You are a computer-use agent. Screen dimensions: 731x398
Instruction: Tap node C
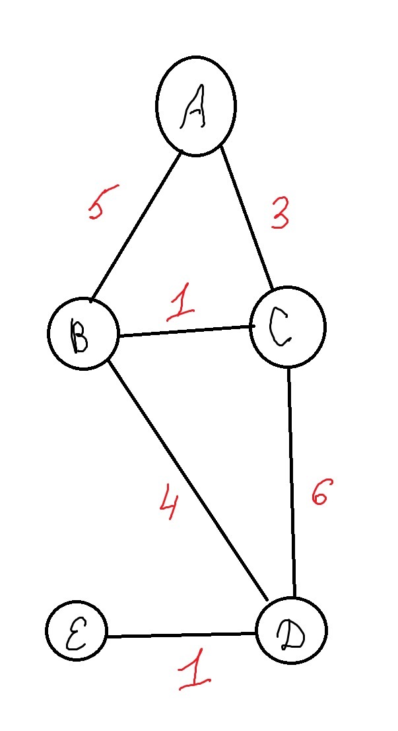coord(288,327)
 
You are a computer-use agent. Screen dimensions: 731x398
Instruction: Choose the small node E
coord(77,631)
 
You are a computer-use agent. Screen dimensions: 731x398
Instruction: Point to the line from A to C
coord(247,218)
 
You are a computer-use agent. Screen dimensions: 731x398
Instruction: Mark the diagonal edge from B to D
coord(187,480)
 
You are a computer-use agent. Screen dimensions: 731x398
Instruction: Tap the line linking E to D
coord(180,636)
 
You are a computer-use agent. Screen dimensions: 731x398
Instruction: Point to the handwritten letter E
coord(75,632)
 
